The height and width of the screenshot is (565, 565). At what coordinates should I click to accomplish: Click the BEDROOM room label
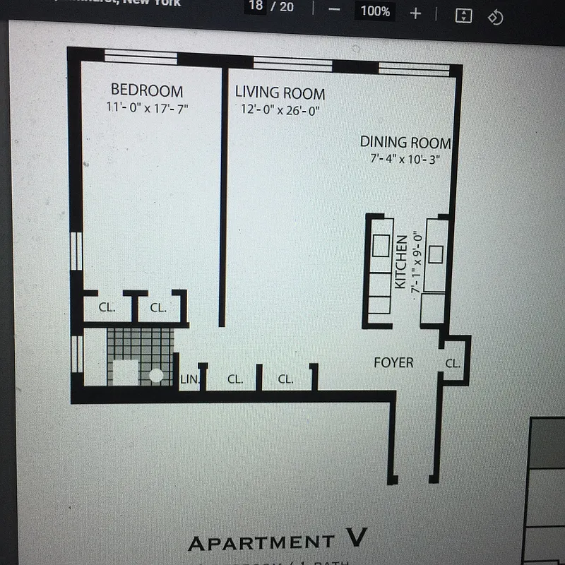(x=147, y=90)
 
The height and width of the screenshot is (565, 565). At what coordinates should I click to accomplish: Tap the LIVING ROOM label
(x=280, y=93)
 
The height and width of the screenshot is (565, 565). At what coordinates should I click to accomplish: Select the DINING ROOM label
(x=405, y=142)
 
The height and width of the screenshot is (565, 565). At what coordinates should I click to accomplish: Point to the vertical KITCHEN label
(x=400, y=261)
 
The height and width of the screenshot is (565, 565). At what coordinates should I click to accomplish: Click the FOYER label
(x=393, y=362)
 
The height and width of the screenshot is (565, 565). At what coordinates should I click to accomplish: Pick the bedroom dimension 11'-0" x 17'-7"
(x=147, y=108)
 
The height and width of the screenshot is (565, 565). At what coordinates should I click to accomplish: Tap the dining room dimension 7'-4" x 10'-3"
(x=405, y=159)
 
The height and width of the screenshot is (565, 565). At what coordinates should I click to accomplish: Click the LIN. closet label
(x=189, y=379)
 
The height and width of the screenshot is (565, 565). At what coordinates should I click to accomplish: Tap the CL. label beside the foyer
(x=452, y=364)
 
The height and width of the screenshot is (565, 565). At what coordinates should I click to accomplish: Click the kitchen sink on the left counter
(x=381, y=245)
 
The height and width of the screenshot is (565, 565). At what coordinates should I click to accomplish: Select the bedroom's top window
(x=141, y=57)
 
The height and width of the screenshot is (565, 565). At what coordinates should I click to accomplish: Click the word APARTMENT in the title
(x=261, y=543)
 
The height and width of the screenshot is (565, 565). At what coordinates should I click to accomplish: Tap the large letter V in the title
(x=357, y=539)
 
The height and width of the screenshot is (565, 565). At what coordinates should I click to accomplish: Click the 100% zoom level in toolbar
(x=375, y=11)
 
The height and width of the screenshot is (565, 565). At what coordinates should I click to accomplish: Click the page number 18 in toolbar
(x=256, y=7)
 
